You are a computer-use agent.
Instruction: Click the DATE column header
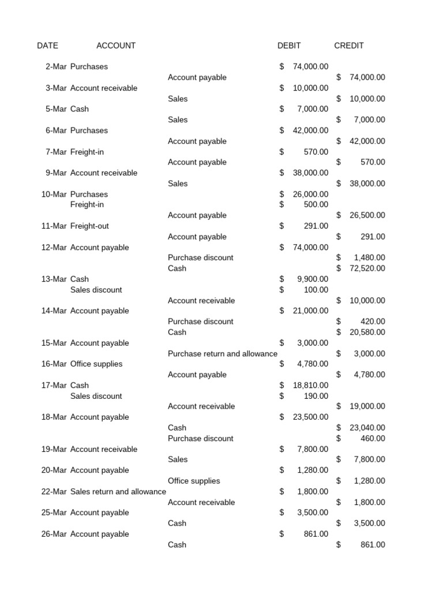click(47, 46)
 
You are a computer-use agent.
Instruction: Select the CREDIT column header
click(349, 46)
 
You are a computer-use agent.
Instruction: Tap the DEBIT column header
click(289, 46)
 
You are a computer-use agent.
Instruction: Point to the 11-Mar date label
click(54, 226)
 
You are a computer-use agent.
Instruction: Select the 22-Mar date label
click(54, 492)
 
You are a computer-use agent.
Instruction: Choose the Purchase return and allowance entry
click(222, 354)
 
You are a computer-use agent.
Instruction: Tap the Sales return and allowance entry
click(118, 492)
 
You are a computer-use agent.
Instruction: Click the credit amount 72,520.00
click(367, 268)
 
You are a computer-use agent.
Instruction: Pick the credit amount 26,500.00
click(367, 215)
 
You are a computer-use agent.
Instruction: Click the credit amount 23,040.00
click(367, 428)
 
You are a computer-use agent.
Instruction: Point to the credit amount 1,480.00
click(370, 258)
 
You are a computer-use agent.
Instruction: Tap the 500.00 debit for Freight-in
click(316, 205)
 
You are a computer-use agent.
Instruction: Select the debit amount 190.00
click(316, 396)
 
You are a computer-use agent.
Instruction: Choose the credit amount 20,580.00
click(367, 332)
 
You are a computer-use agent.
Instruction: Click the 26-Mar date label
click(54, 534)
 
